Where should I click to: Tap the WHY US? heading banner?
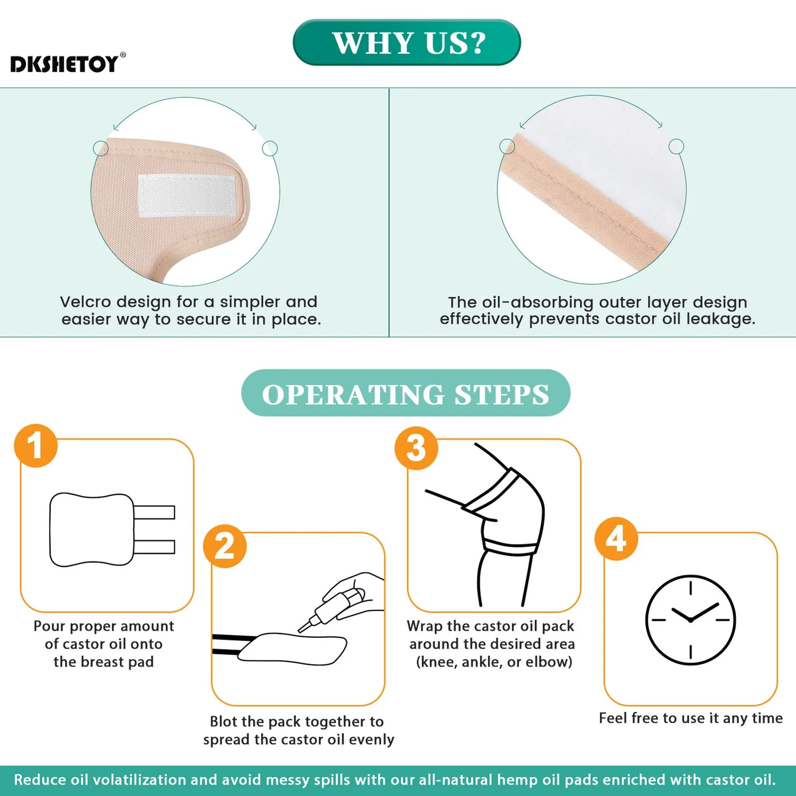(x=407, y=43)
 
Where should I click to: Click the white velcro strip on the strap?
(x=187, y=196)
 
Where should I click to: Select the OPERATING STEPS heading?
(x=405, y=393)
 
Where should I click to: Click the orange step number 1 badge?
(x=36, y=445)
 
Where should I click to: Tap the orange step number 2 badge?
(x=225, y=546)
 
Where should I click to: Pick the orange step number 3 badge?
(x=416, y=448)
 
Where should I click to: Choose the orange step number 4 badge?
(x=616, y=538)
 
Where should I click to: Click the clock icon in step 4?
(x=690, y=620)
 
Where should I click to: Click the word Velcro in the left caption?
(x=85, y=302)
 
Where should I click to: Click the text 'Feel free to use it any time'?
(x=690, y=718)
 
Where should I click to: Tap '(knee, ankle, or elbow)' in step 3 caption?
(x=494, y=662)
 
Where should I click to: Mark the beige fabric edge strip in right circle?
(x=584, y=204)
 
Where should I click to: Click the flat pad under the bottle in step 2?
(x=292, y=648)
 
